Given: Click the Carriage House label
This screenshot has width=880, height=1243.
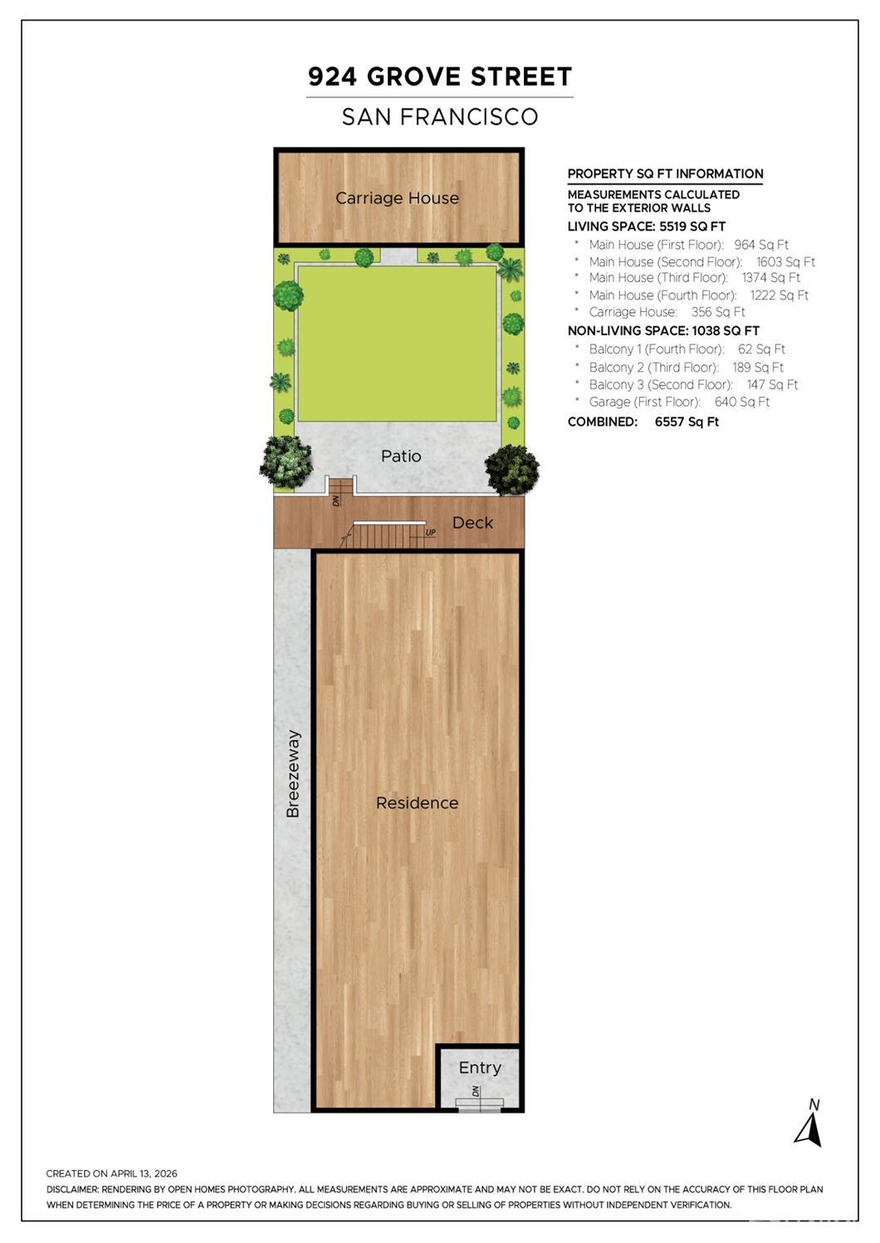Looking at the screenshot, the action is (397, 198).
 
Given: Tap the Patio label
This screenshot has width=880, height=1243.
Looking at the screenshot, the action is (401, 456).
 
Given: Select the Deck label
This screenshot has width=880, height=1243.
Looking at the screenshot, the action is (472, 523).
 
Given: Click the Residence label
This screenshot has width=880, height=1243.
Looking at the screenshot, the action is (417, 803).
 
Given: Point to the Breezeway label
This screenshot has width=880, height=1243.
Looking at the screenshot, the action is (292, 773).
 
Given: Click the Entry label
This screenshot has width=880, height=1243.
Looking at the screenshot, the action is (480, 1068).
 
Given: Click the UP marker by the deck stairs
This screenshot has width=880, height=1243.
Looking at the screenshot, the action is (430, 533).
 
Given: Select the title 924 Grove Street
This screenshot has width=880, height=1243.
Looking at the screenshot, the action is (440, 76).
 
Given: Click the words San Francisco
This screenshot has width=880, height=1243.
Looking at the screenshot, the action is (440, 116).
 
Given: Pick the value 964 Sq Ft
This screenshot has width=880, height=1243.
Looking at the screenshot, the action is (761, 245).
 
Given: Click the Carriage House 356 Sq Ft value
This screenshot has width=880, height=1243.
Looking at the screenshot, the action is (718, 312).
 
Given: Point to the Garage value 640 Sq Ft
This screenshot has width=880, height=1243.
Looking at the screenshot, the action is (741, 402).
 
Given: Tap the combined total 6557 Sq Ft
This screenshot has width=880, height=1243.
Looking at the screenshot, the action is (687, 422).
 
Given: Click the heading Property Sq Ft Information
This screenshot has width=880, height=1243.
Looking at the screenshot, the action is (665, 173).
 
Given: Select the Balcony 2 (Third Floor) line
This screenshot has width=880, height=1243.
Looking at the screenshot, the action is (687, 368).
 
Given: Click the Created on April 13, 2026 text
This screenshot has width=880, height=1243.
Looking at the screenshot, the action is (111, 1173).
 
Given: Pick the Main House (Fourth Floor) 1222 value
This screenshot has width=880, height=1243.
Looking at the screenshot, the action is (779, 295).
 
